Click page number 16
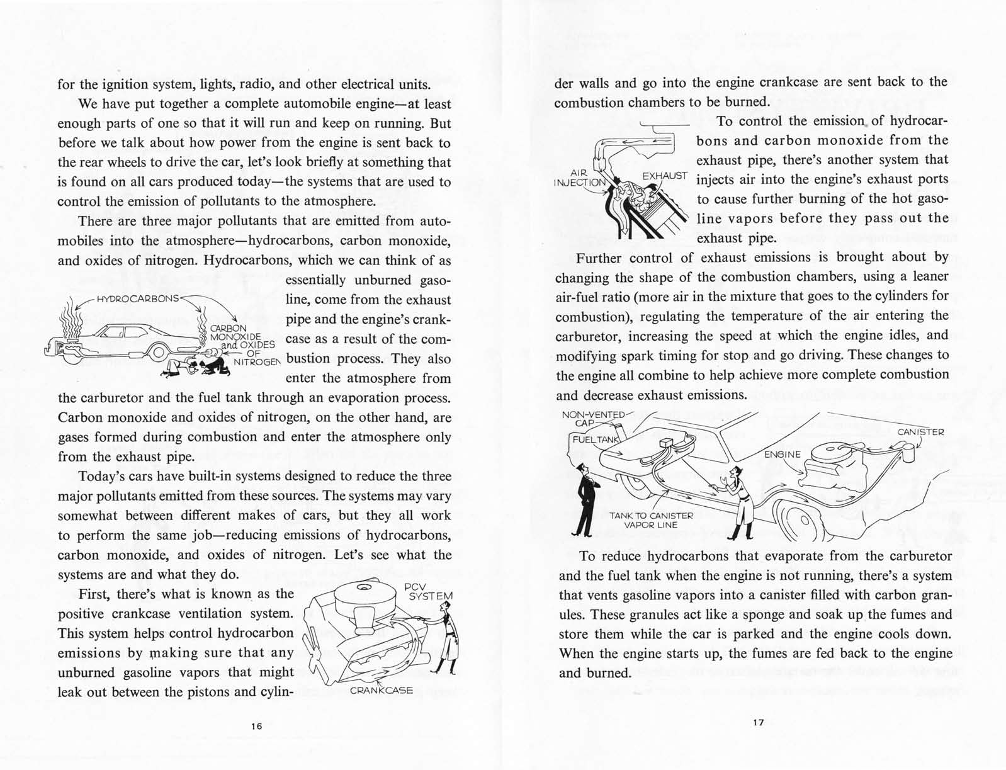pyautogui.click(x=256, y=726)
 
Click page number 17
pyautogui.click(x=758, y=723)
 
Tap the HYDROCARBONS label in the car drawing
pyautogui.click(x=138, y=298)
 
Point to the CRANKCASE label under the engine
pyautogui.click(x=381, y=690)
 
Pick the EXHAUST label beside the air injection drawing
pyautogui.click(x=665, y=176)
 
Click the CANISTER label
pyautogui.click(x=920, y=432)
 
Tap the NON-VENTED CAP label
pyautogui.click(x=592, y=419)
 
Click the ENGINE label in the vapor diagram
pyautogui.click(x=783, y=454)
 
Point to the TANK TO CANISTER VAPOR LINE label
pyautogui.click(x=651, y=520)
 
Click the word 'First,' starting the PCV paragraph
pyautogui.click(x=96, y=594)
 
